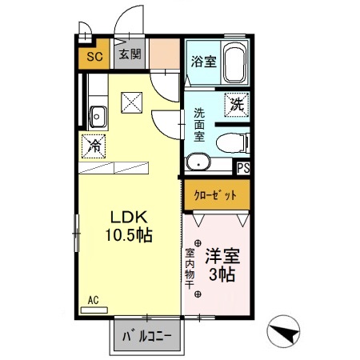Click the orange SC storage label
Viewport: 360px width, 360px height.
(x=93, y=57)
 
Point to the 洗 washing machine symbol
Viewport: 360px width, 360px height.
(x=236, y=103)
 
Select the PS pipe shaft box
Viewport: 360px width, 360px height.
(x=242, y=168)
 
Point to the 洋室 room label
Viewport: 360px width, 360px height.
(x=220, y=258)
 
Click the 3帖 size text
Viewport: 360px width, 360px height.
(x=222, y=276)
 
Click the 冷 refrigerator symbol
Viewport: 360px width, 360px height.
(x=94, y=146)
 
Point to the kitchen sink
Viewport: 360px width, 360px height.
(x=98, y=116)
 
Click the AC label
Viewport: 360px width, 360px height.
(x=93, y=300)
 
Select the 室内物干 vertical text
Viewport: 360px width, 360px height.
(x=190, y=266)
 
